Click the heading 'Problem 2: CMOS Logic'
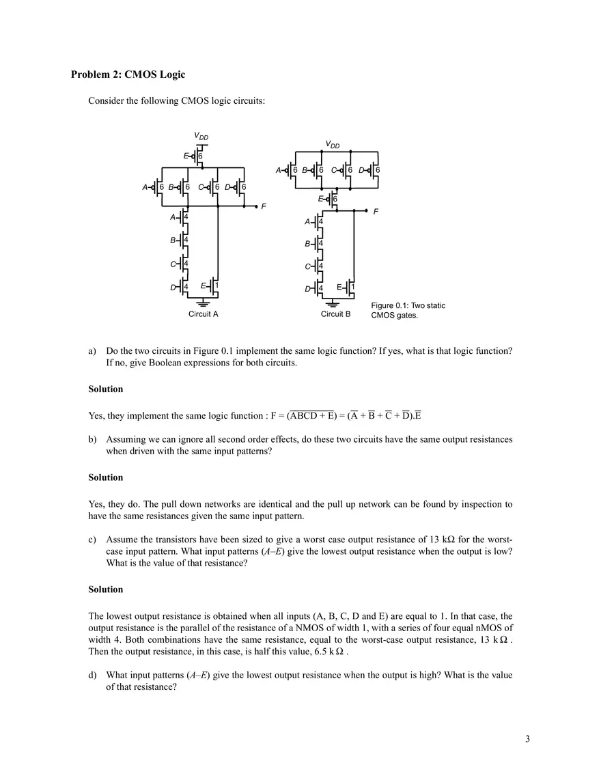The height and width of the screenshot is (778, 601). (x=128, y=74)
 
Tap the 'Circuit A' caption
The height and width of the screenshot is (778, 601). (x=203, y=314)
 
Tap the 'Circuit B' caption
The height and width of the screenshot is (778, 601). (x=335, y=314)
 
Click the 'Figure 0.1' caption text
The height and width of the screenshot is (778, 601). (x=408, y=310)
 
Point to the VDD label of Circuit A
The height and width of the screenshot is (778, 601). (x=202, y=137)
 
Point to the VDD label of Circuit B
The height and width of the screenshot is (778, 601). (x=333, y=144)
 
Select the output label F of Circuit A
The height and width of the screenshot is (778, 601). (x=264, y=206)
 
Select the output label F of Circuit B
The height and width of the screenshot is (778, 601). (x=376, y=212)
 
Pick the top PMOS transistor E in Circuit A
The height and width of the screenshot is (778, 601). (x=197, y=156)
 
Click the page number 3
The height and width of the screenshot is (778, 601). (x=527, y=739)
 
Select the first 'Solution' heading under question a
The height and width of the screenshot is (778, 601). (x=106, y=389)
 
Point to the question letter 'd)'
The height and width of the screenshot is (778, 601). (x=93, y=675)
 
